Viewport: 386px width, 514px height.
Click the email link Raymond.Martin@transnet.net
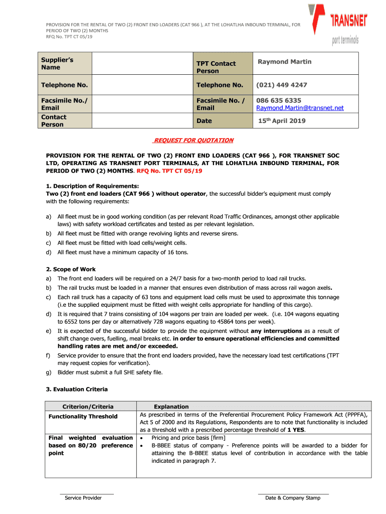pos(300,108)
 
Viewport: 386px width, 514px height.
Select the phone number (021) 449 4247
pos(281,85)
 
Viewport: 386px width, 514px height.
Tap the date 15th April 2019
pos(282,121)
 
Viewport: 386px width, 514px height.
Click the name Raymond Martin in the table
pos(284,62)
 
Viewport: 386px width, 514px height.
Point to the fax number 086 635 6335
pos(279,100)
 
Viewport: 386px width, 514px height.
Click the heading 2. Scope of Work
pos(71,270)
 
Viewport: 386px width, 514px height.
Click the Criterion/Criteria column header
pos(88,407)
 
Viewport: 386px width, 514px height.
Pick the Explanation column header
pos(171,407)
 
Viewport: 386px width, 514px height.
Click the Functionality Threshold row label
pos(83,417)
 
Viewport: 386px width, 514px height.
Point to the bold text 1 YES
pos(296,430)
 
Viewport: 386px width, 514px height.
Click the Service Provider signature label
pos(83,498)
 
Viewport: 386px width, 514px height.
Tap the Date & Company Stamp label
pos(292,498)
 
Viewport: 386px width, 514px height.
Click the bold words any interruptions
pos(276,331)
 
